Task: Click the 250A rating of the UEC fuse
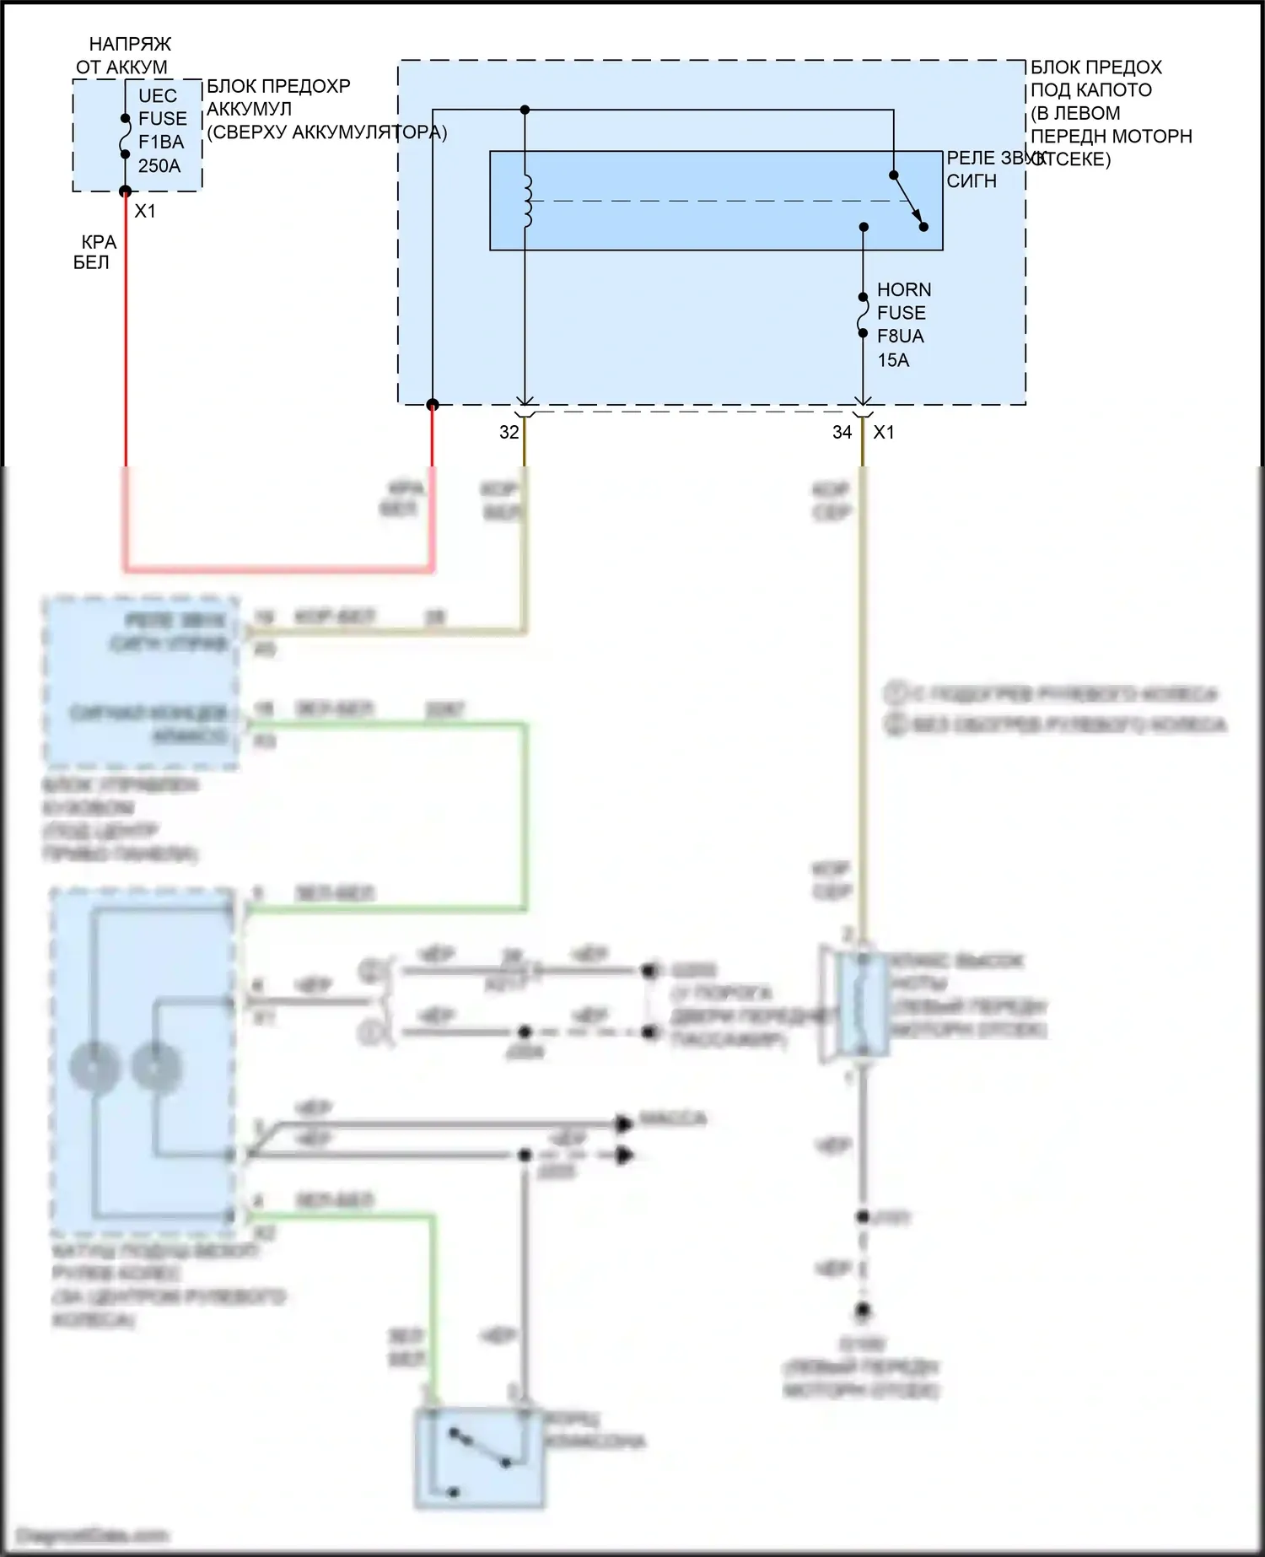pyautogui.click(x=159, y=166)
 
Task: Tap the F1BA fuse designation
pyautogui.click(x=160, y=143)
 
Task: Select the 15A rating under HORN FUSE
pyautogui.click(x=893, y=360)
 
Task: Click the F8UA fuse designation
pyautogui.click(x=900, y=337)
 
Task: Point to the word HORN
pyautogui.click(x=903, y=289)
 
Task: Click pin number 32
pyautogui.click(x=509, y=433)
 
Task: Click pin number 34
pyautogui.click(x=842, y=433)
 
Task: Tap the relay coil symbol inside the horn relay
pyautogui.click(x=528, y=202)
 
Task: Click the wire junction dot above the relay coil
pyautogui.click(x=525, y=110)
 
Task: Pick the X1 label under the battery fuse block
pyautogui.click(x=145, y=211)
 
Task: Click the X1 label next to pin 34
pyautogui.click(x=884, y=433)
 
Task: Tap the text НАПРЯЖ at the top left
pyautogui.click(x=130, y=44)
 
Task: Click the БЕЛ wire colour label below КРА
pyautogui.click(x=91, y=263)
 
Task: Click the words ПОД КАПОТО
pyautogui.click(x=1090, y=90)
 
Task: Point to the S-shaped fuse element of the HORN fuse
pyautogui.click(x=863, y=315)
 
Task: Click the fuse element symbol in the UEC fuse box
pyautogui.click(x=125, y=137)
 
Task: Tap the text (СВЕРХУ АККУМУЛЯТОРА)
pyautogui.click(x=326, y=132)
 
